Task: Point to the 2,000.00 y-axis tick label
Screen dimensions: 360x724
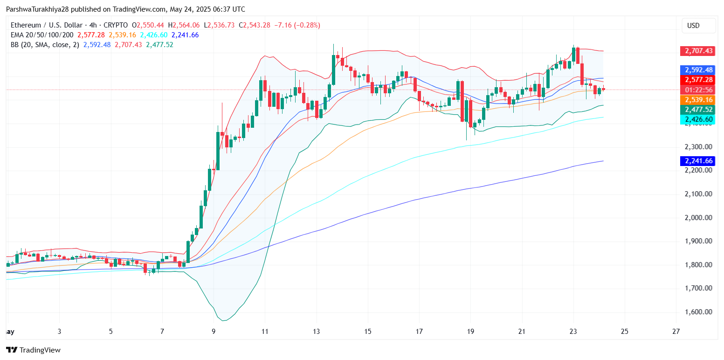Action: pyautogui.click(x=698, y=217)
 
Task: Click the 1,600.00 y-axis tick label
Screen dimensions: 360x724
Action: pyautogui.click(x=698, y=312)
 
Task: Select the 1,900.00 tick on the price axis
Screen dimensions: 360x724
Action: pyautogui.click(x=698, y=241)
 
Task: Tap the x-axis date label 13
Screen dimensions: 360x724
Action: pyautogui.click(x=317, y=332)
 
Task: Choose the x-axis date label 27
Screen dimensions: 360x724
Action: pyautogui.click(x=676, y=332)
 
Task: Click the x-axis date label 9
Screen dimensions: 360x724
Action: pyautogui.click(x=214, y=332)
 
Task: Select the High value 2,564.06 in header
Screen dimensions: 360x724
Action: pyautogui.click(x=186, y=25)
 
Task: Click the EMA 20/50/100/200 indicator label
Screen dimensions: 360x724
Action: pyautogui.click(x=41, y=35)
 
